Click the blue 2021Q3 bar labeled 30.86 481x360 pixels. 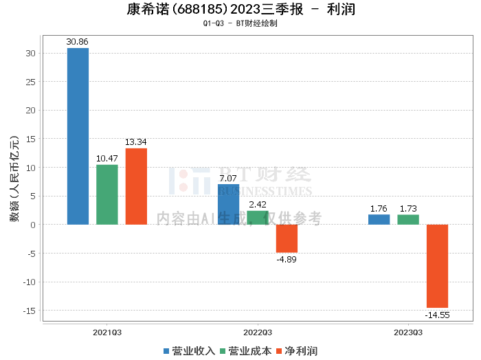(78, 136)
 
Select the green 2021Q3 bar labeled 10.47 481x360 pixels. (107, 194)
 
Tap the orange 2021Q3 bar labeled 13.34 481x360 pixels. (136, 186)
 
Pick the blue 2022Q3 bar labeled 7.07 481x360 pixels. (228, 204)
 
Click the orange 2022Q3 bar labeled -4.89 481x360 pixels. (287, 238)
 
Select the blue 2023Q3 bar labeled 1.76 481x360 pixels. (379, 220)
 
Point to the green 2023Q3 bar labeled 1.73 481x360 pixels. (408, 220)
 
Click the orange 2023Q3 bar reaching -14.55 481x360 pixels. (437, 266)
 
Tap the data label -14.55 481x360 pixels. (437, 315)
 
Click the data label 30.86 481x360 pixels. (78, 42)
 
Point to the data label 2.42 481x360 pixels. (258, 205)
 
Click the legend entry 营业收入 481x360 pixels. (189, 351)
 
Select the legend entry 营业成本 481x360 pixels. (245, 351)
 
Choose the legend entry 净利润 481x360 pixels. (296, 351)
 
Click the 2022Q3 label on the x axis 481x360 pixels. (258, 332)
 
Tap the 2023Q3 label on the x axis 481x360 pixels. (408, 332)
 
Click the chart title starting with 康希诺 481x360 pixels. (240, 10)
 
